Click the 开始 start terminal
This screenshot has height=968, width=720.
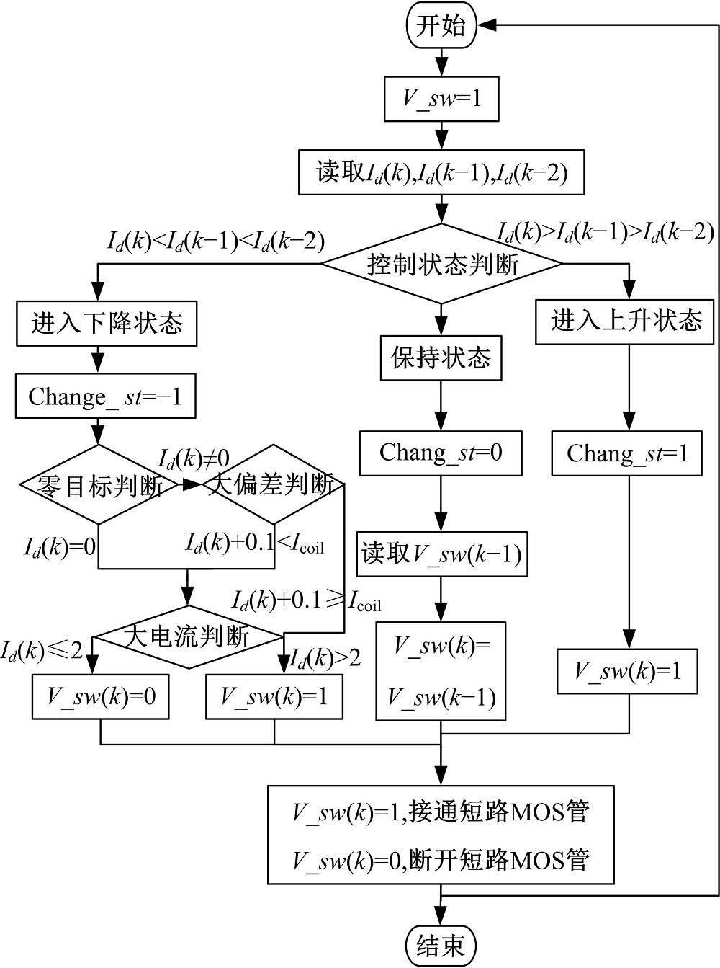pyautogui.click(x=441, y=27)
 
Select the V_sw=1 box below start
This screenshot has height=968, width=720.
pyautogui.click(x=441, y=98)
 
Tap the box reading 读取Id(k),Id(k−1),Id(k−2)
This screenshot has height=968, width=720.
pyautogui.click(x=441, y=173)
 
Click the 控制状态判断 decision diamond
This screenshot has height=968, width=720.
pyautogui.click(x=441, y=264)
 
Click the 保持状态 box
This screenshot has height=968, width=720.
pyautogui.click(x=441, y=358)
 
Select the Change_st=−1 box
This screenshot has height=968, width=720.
pyautogui.click(x=105, y=397)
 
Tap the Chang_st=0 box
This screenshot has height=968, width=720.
pyautogui.click(x=441, y=453)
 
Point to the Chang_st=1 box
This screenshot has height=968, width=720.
pyautogui.click(x=627, y=453)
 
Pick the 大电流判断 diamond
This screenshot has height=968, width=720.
pyautogui.click(x=188, y=636)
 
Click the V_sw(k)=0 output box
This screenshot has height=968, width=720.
pyautogui.click(x=101, y=696)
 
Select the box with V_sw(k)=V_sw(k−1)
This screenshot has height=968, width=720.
pyautogui.click(x=441, y=671)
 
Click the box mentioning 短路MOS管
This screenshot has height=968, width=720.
pyautogui.click(x=441, y=835)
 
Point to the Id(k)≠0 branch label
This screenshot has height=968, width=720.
pyautogui.click(x=194, y=458)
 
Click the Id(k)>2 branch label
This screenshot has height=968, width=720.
pyautogui.click(x=325, y=657)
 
